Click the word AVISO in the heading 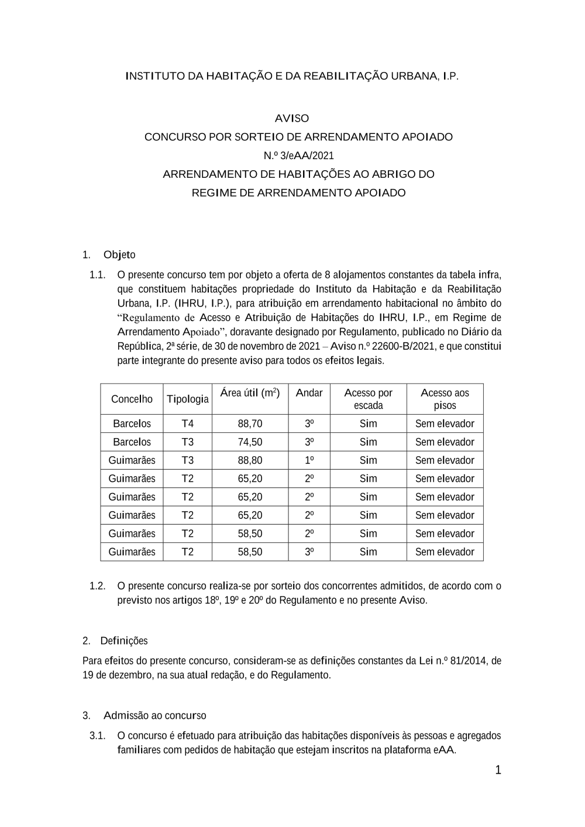(x=292, y=118)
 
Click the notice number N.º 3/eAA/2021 (x=298, y=156)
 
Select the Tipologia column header (x=187, y=399)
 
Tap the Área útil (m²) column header (x=250, y=393)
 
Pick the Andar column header (x=309, y=393)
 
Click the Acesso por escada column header (x=368, y=399)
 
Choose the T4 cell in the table (x=187, y=423)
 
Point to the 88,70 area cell (x=250, y=423)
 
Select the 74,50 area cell (x=250, y=442)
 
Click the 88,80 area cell (x=250, y=460)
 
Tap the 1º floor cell (x=309, y=460)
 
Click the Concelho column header (x=132, y=399)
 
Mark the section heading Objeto (x=119, y=254)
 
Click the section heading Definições (x=124, y=640)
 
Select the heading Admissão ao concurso (x=154, y=715)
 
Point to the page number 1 (x=498, y=770)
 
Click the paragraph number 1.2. (x=97, y=585)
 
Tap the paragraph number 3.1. (x=97, y=736)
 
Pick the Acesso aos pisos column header (x=445, y=399)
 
